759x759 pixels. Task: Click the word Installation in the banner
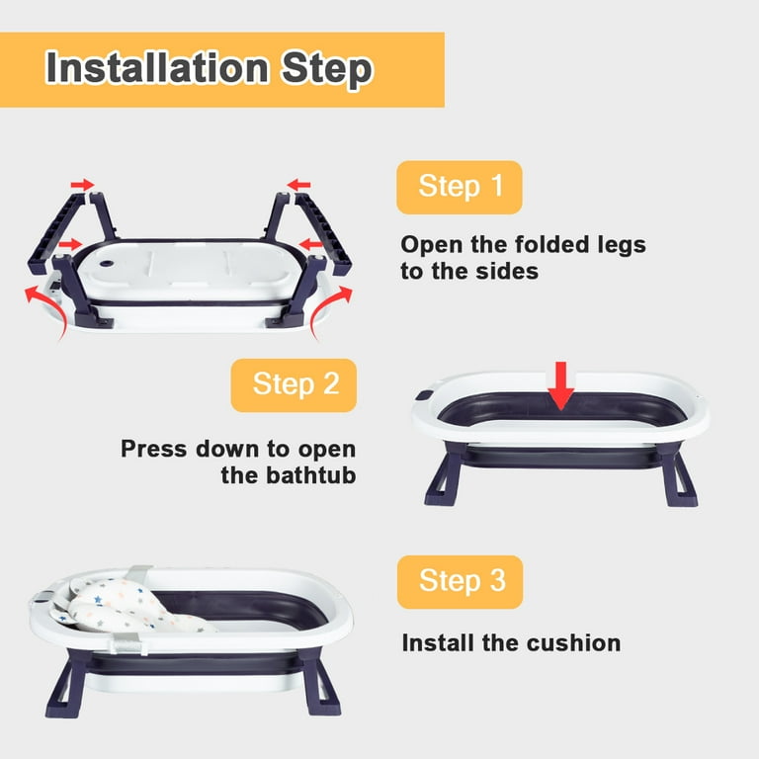coord(157,68)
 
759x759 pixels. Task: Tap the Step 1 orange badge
coord(460,188)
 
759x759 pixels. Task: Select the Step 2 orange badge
coord(294,385)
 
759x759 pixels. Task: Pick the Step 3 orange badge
coord(460,582)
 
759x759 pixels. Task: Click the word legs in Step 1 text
coord(622,245)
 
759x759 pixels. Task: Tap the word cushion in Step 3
coord(573,643)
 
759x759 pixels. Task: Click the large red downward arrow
coord(561,385)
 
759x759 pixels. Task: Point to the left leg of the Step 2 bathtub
coord(444,474)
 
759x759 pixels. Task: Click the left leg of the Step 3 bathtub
coord(67,684)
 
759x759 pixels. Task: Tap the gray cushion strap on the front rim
coord(126,644)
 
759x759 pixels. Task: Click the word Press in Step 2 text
coord(154,450)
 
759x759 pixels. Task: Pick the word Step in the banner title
coord(327,69)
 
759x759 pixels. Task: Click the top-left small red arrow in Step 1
coord(82,185)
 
